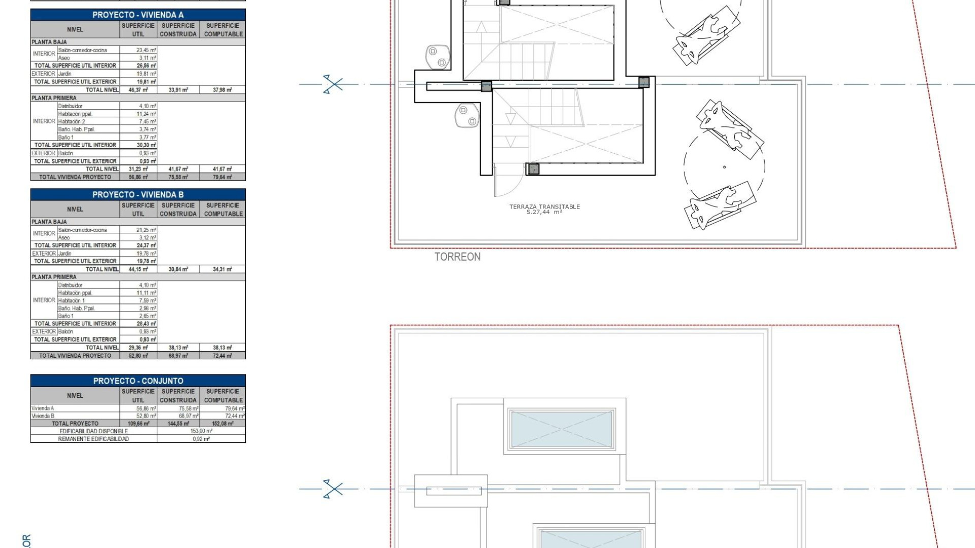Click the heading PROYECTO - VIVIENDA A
click(138, 15)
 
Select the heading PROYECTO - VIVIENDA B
click(138, 195)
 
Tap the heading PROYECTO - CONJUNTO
click(138, 381)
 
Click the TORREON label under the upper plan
click(457, 257)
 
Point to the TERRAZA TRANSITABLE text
click(544, 207)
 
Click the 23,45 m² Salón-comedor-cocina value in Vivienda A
click(146, 50)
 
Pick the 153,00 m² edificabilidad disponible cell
click(201, 431)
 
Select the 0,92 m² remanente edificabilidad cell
click(201, 439)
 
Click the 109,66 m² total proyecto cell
click(138, 423)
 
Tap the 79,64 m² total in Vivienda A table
click(222, 177)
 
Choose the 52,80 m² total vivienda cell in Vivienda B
click(138, 356)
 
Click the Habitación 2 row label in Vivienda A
click(72, 122)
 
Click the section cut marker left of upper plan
click(333, 84)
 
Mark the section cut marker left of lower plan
click(333, 489)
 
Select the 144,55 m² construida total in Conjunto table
click(178, 423)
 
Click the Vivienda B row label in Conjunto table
click(43, 416)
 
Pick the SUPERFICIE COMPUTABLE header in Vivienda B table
click(223, 210)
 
